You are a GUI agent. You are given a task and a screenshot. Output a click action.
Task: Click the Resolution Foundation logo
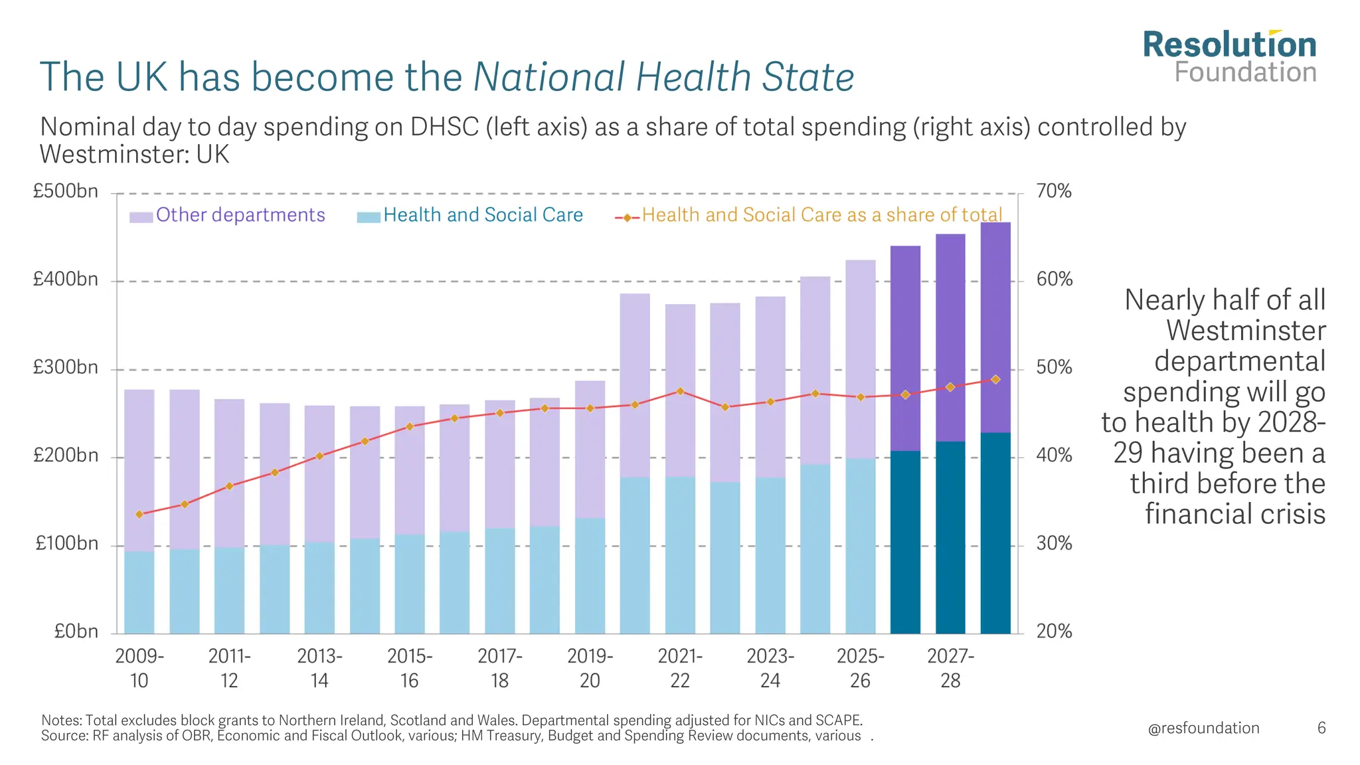(x=1229, y=57)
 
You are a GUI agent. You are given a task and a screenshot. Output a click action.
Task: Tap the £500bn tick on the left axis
(x=66, y=192)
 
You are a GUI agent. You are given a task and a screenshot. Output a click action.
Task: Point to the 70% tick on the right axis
(x=1054, y=192)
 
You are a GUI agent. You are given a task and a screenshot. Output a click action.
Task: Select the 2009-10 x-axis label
(x=139, y=668)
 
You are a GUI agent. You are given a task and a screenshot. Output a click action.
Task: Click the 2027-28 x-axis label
(x=950, y=668)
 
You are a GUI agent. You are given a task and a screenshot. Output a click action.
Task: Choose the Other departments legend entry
(x=240, y=215)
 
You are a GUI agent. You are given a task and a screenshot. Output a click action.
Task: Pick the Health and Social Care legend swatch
(x=369, y=217)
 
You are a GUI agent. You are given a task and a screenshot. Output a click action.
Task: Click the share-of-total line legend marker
(x=627, y=218)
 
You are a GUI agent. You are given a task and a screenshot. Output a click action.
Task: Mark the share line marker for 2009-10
(x=139, y=514)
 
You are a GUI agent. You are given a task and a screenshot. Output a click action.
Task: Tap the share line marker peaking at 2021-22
(x=680, y=391)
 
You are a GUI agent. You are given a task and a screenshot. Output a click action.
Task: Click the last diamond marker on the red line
(x=995, y=379)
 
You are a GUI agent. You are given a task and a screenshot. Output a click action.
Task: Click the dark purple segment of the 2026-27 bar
(x=905, y=348)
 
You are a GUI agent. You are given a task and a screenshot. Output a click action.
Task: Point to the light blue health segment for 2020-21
(x=635, y=555)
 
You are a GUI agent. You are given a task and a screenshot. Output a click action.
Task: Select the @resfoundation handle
(x=1203, y=728)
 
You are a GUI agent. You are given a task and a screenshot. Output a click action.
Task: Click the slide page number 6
(x=1321, y=728)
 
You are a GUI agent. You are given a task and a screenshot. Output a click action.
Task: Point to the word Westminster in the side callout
(x=1246, y=331)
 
